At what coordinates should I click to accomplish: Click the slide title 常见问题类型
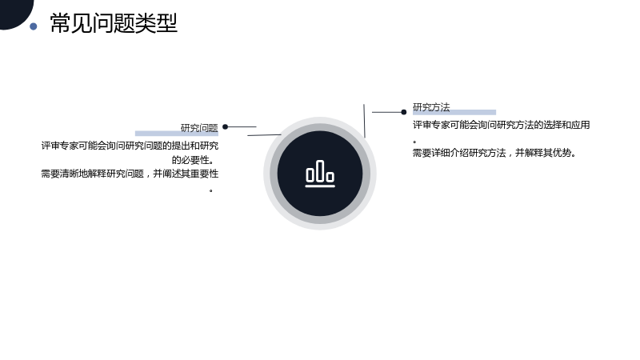114,23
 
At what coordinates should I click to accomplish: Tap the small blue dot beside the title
34,26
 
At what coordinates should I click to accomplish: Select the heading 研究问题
199,128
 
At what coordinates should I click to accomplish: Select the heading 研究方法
431,107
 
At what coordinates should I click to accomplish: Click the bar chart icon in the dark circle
320,174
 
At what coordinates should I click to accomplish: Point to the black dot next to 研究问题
225,127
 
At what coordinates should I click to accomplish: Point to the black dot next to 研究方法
404,112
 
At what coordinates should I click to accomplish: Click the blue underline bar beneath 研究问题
177,134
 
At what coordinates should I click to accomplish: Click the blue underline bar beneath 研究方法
454,112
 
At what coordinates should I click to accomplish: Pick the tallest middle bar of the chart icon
320,170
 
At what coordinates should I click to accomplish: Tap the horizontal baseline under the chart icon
320,186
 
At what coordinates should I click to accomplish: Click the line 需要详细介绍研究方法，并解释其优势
494,153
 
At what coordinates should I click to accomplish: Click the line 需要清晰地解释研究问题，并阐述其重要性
130,174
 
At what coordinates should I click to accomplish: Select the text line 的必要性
193,159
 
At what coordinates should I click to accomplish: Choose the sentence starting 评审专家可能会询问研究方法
502,125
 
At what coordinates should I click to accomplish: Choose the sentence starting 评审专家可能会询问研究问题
130,146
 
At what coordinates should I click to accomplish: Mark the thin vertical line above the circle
365,121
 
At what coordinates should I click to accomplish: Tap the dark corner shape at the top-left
14,12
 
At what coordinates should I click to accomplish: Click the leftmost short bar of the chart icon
310,174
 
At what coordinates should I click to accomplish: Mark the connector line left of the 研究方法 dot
386,112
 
